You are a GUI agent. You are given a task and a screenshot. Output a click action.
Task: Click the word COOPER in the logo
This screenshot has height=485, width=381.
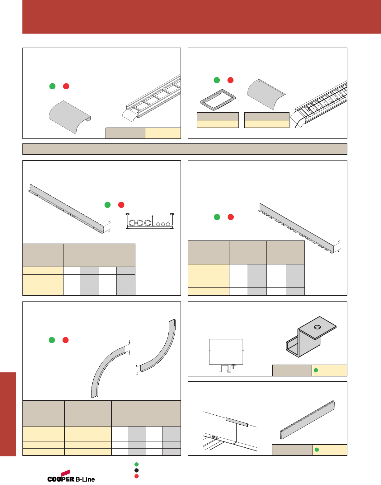point(61,479)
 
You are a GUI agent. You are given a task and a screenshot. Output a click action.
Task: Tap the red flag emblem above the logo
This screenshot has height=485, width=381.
point(66,473)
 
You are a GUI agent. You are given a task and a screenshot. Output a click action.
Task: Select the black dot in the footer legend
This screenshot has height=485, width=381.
point(136,470)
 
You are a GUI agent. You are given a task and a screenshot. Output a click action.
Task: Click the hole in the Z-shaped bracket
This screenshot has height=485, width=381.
point(317,327)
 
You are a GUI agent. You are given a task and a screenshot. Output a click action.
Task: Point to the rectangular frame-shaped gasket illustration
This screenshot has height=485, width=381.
point(218,100)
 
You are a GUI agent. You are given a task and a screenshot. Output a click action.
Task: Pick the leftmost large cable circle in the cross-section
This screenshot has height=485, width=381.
point(132,223)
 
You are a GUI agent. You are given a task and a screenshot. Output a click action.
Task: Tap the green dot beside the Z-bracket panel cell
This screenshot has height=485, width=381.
point(316,370)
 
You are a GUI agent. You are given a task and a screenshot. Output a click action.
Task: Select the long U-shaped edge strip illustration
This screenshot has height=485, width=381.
point(307,420)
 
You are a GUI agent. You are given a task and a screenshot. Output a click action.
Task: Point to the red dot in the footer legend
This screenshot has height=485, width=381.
point(136,476)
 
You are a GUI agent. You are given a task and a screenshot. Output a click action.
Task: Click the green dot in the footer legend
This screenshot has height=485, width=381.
point(136,464)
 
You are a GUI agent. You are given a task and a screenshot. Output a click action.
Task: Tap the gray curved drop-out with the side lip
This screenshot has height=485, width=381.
point(69,117)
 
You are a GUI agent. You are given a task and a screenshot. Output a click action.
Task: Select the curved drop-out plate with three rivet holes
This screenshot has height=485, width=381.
point(266,94)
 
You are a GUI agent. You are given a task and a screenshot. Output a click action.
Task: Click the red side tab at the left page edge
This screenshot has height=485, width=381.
point(8,414)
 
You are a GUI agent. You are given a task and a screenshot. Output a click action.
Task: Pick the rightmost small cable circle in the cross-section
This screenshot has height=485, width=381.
point(168,224)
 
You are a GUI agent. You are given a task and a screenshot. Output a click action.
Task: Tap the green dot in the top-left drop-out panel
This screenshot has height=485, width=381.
point(52,86)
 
